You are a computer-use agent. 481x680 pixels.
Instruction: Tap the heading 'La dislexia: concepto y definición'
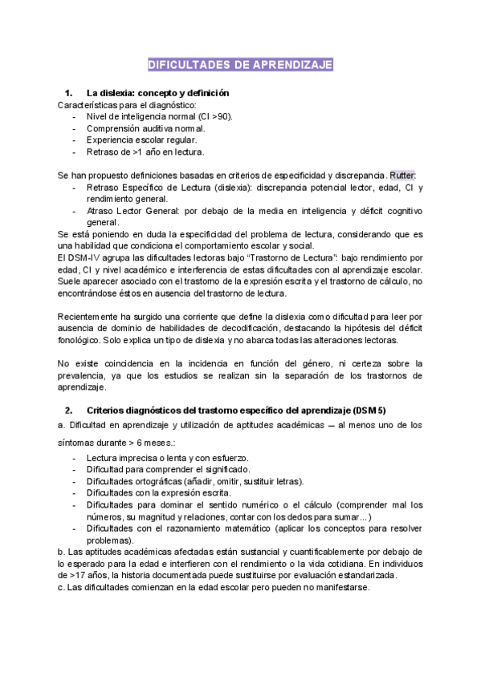tap(158, 93)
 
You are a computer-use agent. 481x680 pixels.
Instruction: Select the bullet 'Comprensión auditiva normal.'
tap(145, 128)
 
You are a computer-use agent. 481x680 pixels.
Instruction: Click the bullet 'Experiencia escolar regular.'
tap(142, 140)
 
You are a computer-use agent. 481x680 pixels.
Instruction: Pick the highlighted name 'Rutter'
tap(403, 175)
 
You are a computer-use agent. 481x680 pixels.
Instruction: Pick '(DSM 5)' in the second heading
tap(389, 410)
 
